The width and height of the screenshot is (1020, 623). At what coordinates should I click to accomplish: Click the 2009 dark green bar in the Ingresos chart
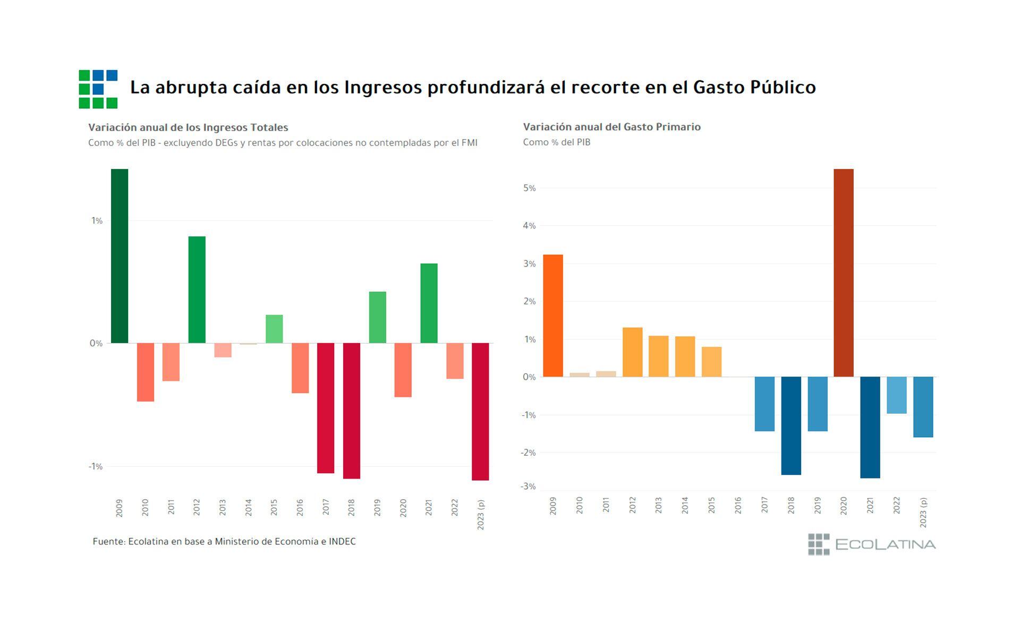tap(120, 256)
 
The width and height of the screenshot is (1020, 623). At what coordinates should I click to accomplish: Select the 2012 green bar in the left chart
tap(197, 289)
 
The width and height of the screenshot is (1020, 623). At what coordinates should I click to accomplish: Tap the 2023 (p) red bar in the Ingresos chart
tap(480, 412)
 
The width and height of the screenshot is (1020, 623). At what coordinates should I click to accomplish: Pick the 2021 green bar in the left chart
tap(429, 303)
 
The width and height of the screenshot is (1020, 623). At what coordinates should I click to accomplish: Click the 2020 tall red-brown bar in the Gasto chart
tap(844, 273)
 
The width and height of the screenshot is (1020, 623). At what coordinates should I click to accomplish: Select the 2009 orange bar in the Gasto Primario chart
tap(553, 316)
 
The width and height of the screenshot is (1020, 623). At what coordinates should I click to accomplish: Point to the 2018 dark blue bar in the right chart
tap(791, 425)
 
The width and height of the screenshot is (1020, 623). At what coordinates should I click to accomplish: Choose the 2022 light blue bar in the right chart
tap(897, 395)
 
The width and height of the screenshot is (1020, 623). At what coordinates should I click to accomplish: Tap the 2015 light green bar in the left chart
tap(274, 329)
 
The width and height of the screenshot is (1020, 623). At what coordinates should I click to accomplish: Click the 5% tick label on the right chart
tap(529, 188)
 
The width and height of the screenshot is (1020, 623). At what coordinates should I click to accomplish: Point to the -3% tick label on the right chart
tap(528, 487)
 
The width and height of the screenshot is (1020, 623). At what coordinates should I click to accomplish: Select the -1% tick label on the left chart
tap(95, 466)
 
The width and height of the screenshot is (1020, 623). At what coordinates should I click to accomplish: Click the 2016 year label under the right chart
tap(738, 505)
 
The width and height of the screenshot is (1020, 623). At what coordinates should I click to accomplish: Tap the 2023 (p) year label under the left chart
tap(481, 514)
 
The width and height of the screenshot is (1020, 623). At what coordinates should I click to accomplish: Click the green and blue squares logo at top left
tap(98, 89)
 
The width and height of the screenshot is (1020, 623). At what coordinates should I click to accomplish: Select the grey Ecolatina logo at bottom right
tap(872, 544)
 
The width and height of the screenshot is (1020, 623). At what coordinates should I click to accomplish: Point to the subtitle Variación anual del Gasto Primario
tap(611, 127)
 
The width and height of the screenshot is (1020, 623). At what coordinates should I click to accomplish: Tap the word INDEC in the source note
tap(342, 542)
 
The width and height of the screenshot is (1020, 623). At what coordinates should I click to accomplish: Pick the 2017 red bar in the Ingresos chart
tap(326, 408)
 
